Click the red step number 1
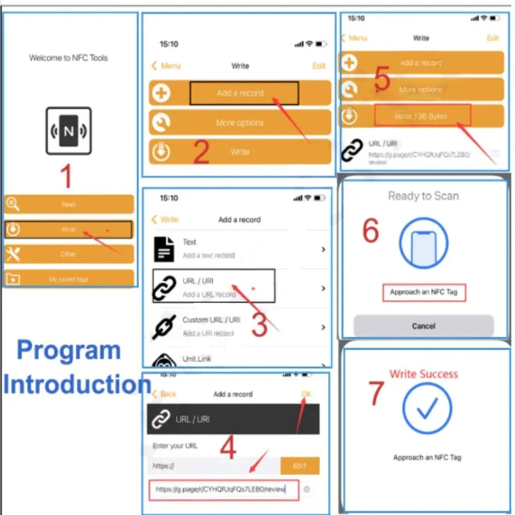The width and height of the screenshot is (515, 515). coord(66,176)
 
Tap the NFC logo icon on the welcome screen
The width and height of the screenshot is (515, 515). coord(68,131)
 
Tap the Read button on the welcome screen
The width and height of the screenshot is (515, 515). coord(69,204)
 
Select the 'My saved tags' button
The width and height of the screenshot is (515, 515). coord(69,279)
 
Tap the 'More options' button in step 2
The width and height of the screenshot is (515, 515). coord(239,122)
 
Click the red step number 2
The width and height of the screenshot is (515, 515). coord(201,153)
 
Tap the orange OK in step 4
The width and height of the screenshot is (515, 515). coord(306,393)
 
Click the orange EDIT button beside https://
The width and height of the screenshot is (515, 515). coord(300,465)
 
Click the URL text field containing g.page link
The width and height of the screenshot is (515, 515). coord(223,490)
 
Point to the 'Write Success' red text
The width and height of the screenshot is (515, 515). coord(423,374)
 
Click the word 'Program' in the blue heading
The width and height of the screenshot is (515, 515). coord(69,351)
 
